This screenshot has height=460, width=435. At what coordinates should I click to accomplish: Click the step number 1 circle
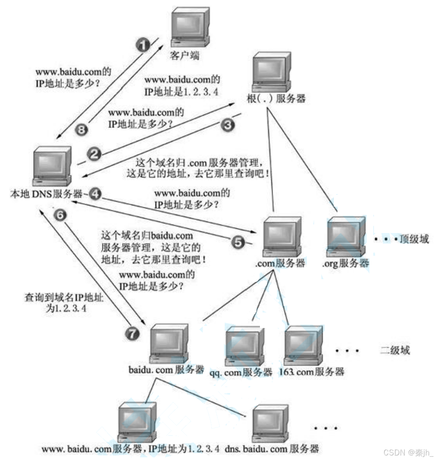pos(142,45)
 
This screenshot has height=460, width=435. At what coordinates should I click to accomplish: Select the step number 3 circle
pos(227,124)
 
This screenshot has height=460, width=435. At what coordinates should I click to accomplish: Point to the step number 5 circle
pos(238,242)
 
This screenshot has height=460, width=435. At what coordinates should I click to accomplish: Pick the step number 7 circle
pos(132,334)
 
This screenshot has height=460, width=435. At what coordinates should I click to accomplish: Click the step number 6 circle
pos(60,215)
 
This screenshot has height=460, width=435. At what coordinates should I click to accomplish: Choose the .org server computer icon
pos(346,236)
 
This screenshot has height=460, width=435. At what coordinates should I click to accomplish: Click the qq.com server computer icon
pos(244,346)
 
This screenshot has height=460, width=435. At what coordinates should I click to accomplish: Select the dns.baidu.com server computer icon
pos(271,423)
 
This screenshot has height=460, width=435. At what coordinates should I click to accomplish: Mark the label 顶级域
pos(414,239)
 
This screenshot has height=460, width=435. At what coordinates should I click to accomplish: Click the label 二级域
pos(395,350)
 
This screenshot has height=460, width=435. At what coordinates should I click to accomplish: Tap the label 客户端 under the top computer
pos(185,56)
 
